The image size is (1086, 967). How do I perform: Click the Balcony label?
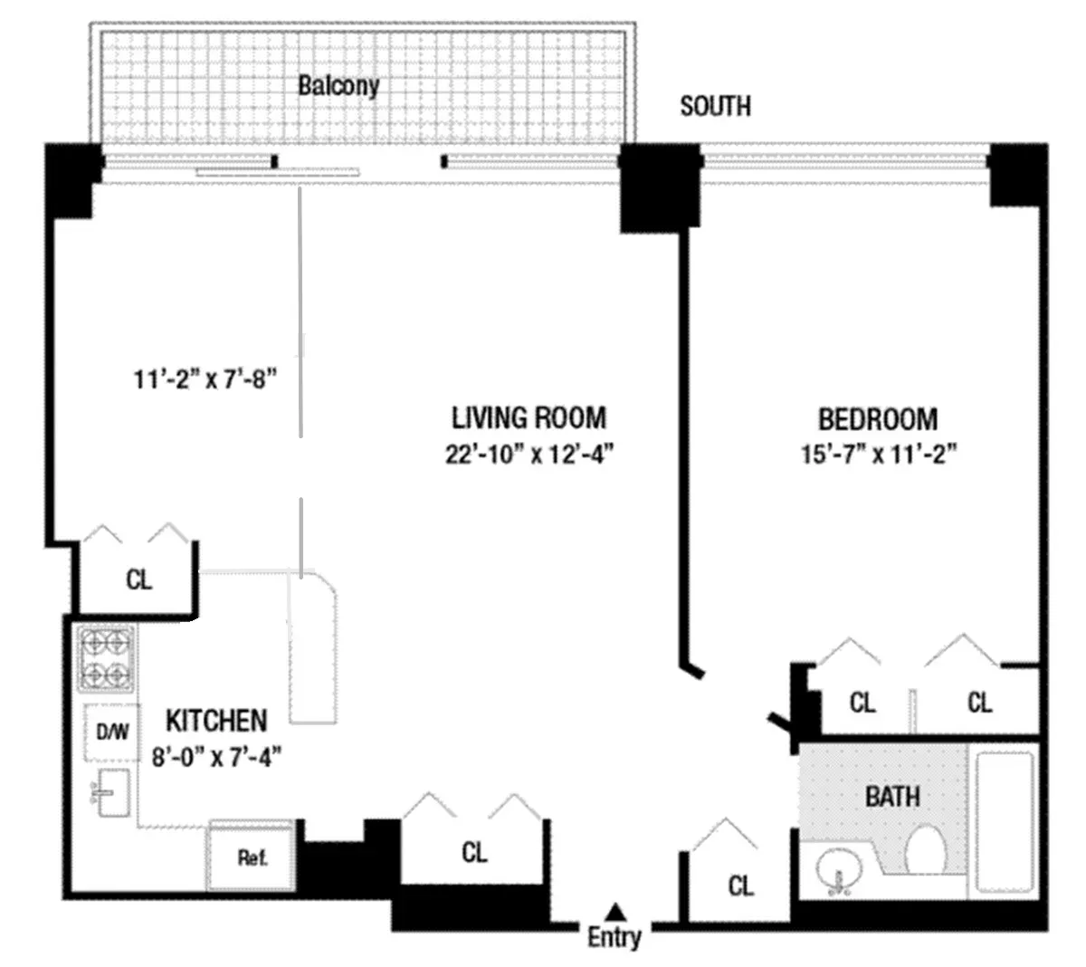[338, 86]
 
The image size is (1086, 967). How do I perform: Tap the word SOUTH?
[715, 106]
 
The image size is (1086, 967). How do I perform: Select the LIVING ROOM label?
[529, 417]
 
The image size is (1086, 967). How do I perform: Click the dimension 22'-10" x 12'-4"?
[529, 454]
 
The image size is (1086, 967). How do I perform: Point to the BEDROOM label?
[877, 419]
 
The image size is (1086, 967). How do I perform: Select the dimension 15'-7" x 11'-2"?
[879, 454]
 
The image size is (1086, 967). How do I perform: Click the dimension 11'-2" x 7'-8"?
[205, 379]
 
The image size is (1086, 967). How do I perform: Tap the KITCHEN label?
[216, 721]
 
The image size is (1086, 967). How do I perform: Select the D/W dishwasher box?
[111, 731]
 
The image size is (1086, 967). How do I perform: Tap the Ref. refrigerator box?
[252, 857]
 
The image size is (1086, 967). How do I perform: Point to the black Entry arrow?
[615, 910]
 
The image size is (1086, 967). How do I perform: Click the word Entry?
[614, 937]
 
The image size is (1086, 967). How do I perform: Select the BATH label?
[892, 797]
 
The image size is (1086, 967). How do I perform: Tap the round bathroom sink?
[840, 872]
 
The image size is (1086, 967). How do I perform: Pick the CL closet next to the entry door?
[740, 886]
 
